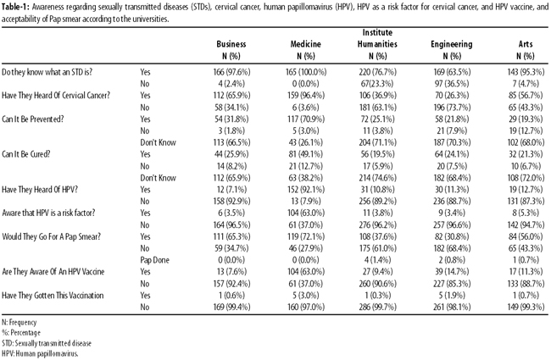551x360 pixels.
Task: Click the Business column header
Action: click(231, 44)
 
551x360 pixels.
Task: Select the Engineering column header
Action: click(452, 44)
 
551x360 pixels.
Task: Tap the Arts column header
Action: click(526, 44)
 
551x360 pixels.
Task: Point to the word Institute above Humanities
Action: click(377, 33)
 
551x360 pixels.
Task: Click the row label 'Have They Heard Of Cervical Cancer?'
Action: click(56, 96)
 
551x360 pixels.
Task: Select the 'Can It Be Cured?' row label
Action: click(26, 154)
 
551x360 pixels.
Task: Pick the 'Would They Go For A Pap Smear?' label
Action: click(52, 236)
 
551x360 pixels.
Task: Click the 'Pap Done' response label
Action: click(154, 260)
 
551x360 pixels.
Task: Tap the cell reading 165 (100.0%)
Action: click(306, 72)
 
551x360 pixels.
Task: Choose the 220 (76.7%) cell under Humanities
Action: click(377, 72)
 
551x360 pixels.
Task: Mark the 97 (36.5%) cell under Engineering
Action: click(452, 84)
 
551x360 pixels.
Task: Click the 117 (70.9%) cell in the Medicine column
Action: click(306, 119)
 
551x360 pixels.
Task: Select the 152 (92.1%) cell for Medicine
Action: click(306, 190)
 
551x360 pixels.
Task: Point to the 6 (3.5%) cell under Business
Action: click(231, 213)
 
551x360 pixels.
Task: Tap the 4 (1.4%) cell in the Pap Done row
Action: click(377, 260)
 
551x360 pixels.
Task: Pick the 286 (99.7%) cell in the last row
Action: click(377, 307)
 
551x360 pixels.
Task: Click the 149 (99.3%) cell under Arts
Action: click(526, 307)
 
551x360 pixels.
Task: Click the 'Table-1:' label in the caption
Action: click(15, 7)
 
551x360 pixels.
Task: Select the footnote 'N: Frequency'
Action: click(19, 322)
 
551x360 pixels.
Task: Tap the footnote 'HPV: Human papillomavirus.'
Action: click(40, 354)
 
